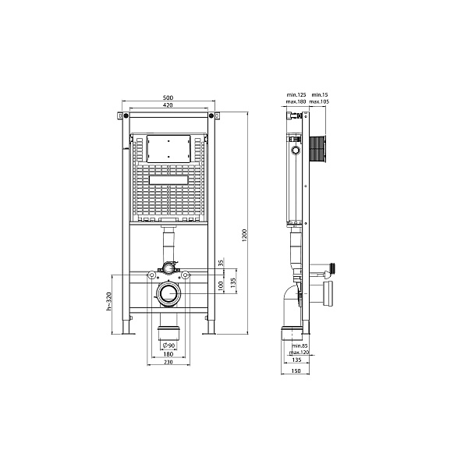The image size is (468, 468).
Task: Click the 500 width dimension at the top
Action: (x=168, y=97)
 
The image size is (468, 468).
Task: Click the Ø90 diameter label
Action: (x=168, y=345)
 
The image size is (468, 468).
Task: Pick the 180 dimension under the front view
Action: (x=168, y=353)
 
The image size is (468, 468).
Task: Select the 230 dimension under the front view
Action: (x=168, y=362)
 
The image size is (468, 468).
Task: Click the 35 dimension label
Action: (x=221, y=263)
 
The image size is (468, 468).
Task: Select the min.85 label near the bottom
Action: (x=298, y=346)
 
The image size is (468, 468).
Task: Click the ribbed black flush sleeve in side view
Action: (x=316, y=148)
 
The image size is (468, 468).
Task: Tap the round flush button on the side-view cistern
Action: (x=296, y=149)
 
